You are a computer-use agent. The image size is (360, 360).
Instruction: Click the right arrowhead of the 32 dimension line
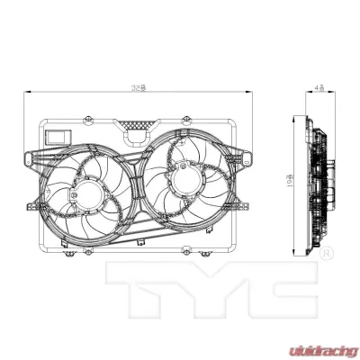(x=249, y=93)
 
